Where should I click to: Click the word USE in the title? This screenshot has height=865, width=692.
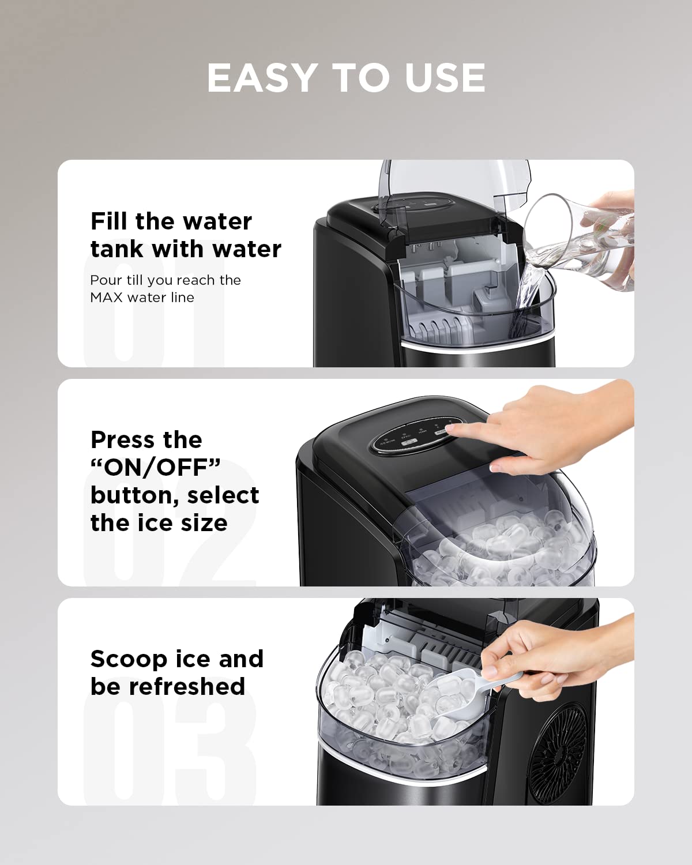[445, 78]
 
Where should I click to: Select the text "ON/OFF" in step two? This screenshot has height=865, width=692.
[156, 468]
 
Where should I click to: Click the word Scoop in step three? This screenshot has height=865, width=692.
[129, 660]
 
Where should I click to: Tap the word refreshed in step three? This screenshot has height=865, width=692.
[187, 686]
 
